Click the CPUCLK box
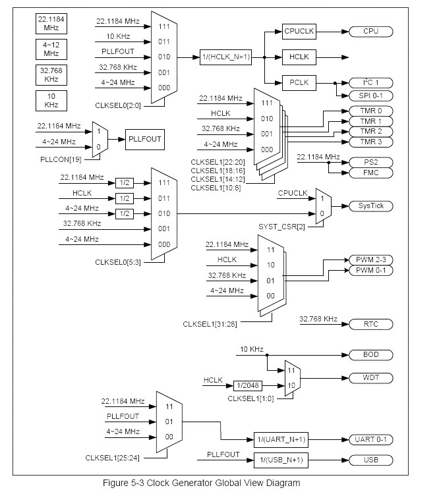(x=300, y=31)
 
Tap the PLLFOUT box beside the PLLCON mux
(x=144, y=139)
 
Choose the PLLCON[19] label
(x=60, y=159)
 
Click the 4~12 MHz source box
(x=50, y=49)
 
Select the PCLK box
(x=300, y=82)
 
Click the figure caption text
(x=201, y=483)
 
